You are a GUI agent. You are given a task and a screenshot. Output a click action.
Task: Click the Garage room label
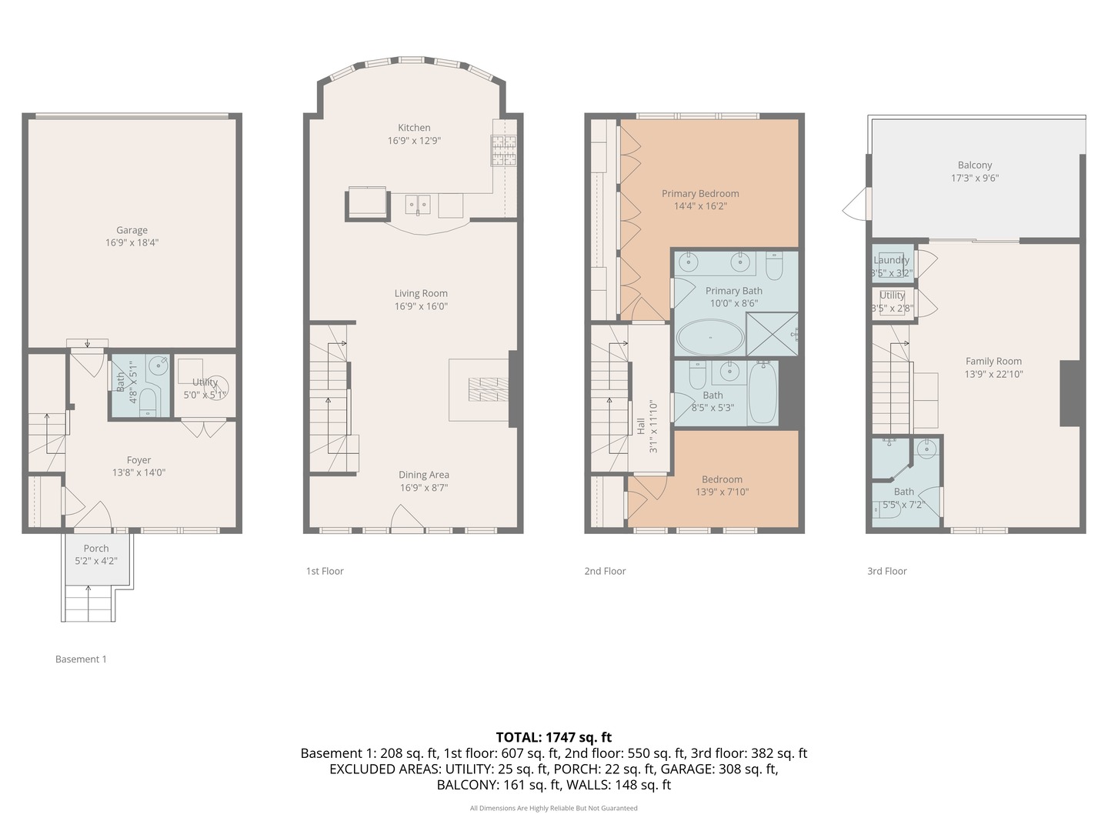click(132, 230)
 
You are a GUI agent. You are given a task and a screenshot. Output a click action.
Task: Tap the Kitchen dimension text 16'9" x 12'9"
click(414, 141)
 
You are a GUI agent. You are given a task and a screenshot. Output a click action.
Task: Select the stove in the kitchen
click(504, 151)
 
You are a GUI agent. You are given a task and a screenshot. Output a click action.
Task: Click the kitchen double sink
click(419, 205)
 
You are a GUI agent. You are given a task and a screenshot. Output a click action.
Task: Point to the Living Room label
click(421, 293)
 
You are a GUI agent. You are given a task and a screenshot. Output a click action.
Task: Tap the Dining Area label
click(423, 475)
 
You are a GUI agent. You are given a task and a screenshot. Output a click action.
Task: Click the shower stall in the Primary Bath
click(772, 334)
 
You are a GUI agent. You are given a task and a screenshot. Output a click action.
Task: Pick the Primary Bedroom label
click(700, 194)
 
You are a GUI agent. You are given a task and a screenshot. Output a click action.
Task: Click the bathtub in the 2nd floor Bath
click(763, 392)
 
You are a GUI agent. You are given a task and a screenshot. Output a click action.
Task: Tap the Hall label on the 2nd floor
click(641, 426)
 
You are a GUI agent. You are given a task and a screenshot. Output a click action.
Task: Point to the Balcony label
click(975, 165)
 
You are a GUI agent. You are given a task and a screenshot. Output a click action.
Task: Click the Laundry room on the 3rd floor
click(892, 262)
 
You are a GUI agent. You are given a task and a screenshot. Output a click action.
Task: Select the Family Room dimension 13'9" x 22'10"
click(993, 375)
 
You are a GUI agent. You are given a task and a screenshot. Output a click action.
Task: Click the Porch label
click(96, 549)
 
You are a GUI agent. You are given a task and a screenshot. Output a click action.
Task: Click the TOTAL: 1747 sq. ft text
click(553, 737)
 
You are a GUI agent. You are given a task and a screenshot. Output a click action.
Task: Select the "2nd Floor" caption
click(605, 571)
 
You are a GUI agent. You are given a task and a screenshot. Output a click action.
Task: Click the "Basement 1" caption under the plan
click(81, 659)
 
